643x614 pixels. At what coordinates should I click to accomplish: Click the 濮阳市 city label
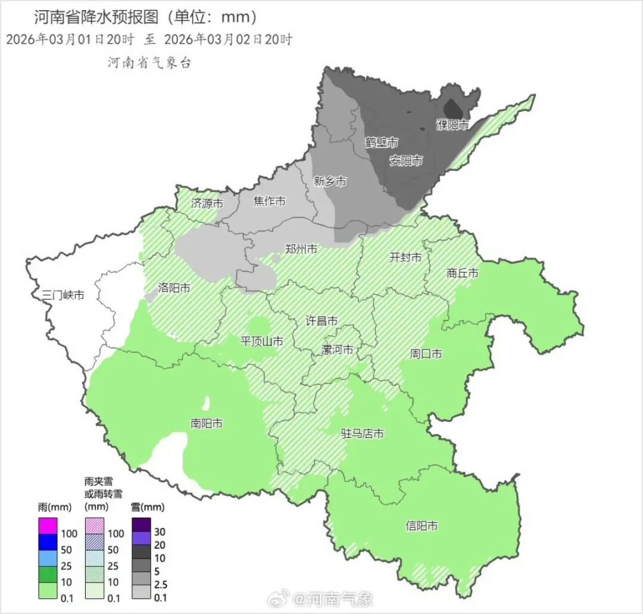point(452,125)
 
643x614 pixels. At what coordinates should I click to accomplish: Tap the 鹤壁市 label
point(381,143)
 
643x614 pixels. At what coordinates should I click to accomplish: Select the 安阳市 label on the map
point(406,161)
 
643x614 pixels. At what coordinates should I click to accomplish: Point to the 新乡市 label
point(329,182)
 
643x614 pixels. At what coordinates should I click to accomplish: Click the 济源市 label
point(207,203)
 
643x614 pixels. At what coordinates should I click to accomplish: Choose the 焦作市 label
point(269,201)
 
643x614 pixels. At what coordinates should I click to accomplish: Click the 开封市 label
point(405,257)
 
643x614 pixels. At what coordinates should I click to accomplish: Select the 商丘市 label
point(463,273)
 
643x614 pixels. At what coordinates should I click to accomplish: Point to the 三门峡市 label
point(63,295)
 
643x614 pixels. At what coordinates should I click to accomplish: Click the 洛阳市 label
point(174,288)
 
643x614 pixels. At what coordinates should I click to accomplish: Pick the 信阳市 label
point(422,526)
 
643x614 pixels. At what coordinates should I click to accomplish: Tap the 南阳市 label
point(207,423)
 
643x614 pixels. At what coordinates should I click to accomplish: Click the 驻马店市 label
point(362,434)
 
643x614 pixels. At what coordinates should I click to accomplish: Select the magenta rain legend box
point(48,526)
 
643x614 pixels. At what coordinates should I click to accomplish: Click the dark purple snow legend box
point(141,525)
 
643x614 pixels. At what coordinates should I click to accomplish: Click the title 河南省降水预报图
point(96,18)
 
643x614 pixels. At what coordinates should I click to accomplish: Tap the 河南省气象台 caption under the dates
point(149,63)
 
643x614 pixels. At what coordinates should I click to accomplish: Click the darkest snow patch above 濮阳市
point(454,108)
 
